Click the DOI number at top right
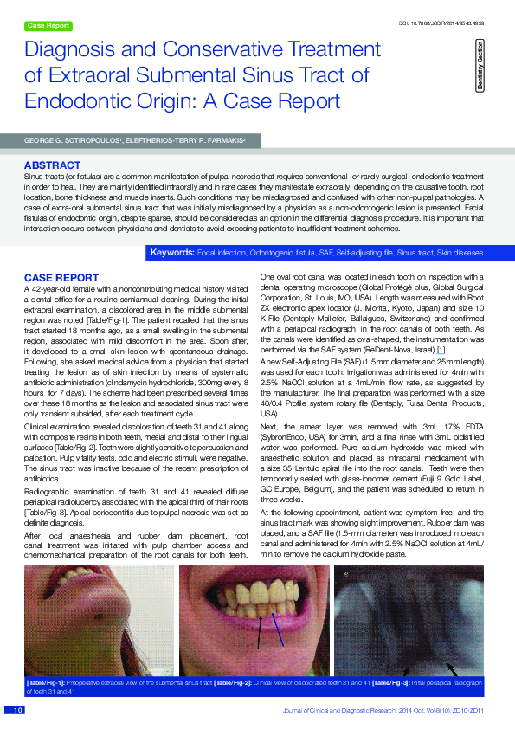tap(441, 21)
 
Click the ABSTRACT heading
tap(53, 165)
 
